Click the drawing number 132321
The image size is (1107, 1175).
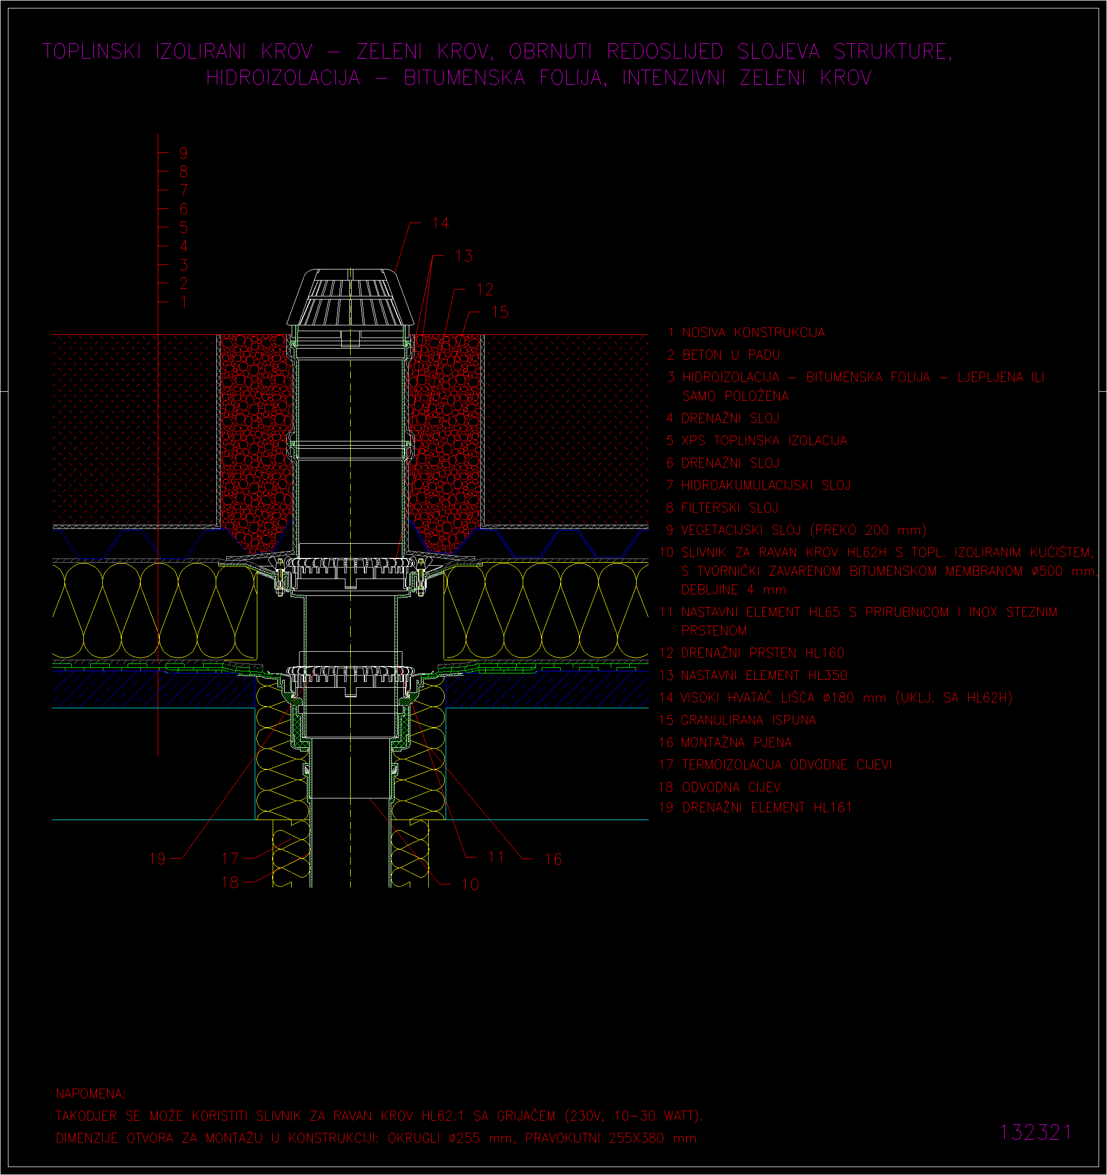(x=1035, y=1132)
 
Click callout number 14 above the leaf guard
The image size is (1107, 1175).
(x=441, y=223)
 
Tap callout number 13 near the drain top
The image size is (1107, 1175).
(x=464, y=256)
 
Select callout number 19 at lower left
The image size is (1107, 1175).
(x=158, y=858)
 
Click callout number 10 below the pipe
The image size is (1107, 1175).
(x=470, y=884)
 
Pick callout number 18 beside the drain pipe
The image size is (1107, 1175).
(x=230, y=882)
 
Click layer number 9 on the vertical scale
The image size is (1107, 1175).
(x=184, y=153)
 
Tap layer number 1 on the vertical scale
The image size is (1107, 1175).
(x=184, y=302)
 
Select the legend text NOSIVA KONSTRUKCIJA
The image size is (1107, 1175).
(x=754, y=333)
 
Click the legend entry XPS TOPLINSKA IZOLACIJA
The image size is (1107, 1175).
(x=764, y=440)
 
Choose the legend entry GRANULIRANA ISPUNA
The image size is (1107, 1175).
(x=748, y=720)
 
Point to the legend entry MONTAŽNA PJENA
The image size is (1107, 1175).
(x=736, y=743)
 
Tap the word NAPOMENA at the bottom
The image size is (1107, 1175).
(x=90, y=1094)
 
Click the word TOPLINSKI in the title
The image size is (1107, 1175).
(x=92, y=52)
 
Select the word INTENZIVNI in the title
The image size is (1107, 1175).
(x=674, y=78)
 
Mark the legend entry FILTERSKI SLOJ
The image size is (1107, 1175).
(x=730, y=508)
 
